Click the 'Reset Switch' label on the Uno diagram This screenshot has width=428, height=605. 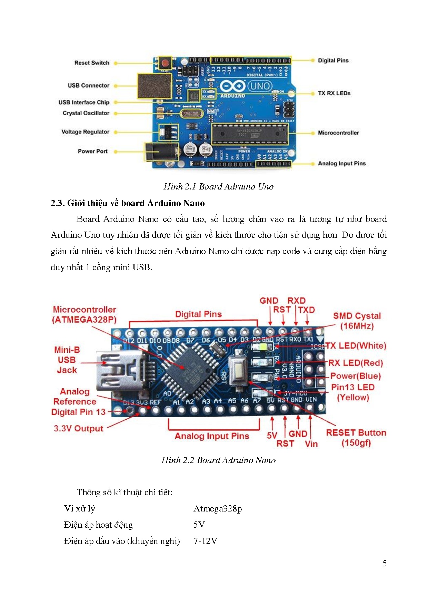click(x=92, y=63)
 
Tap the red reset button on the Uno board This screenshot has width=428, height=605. click(x=166, y=64)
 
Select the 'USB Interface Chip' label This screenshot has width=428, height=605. click(x=84, y=102)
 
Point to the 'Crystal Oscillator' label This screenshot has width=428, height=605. click(x=86, y=113)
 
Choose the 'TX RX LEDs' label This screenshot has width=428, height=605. click(x=334, y=93)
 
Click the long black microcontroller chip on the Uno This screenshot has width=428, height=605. click(x=249, y=134)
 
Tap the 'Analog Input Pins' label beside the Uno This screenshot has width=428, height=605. click(x=341, y=163)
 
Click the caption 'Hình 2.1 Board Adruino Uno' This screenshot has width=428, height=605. click(x=218, y=186)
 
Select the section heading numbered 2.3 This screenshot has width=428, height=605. click(x=128, y=203)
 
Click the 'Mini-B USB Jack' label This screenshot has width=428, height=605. click(x=67, y=360)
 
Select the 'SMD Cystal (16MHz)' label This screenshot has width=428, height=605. click(x=357, y=321)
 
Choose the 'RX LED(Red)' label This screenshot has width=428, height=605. click(x=355, y=363)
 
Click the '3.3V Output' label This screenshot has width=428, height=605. click(x=78, y=428)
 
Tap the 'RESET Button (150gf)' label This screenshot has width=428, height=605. click(x=356, y=438)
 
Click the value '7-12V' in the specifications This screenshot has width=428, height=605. click(x=205, y=541)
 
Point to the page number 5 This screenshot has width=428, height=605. click(x=384, y=564)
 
